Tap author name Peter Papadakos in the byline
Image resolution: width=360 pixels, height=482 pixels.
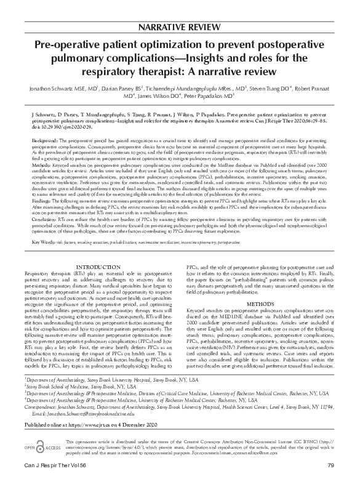(x=206, y=97)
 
